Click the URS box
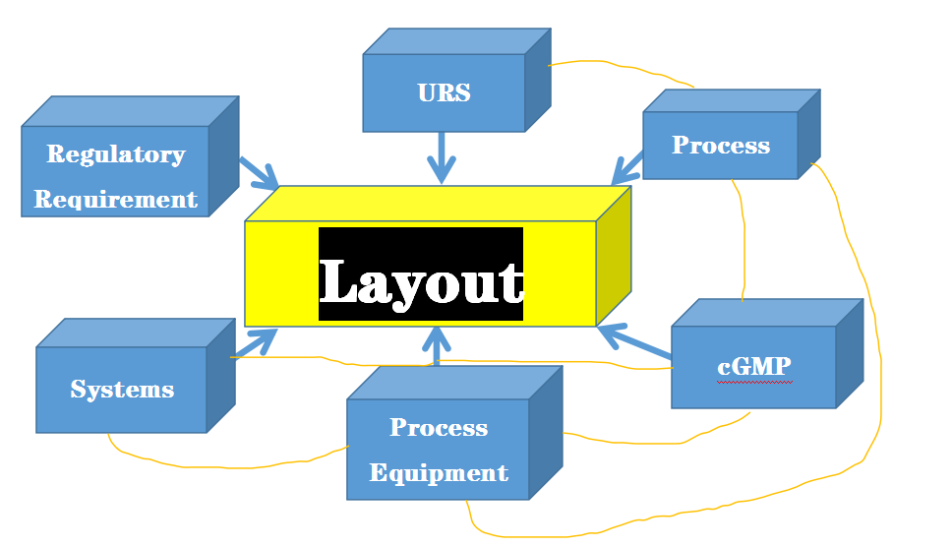[x=444, y=92]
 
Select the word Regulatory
[x=115, y=154]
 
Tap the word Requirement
[x=115, y=200]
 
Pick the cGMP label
[x=753, y=366]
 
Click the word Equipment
[x=439, y=473]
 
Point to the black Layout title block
[x=421, y=274]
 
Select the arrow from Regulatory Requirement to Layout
[x=258, y=172]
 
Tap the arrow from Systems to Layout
[x=255, y=343]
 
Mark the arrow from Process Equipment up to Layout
[x=438, y=347]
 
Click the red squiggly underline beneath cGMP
[x=752, y=380]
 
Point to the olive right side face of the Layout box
[x=613, y=258]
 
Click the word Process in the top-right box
[x=721, y=146]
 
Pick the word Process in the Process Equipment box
[x=439, y=428]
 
